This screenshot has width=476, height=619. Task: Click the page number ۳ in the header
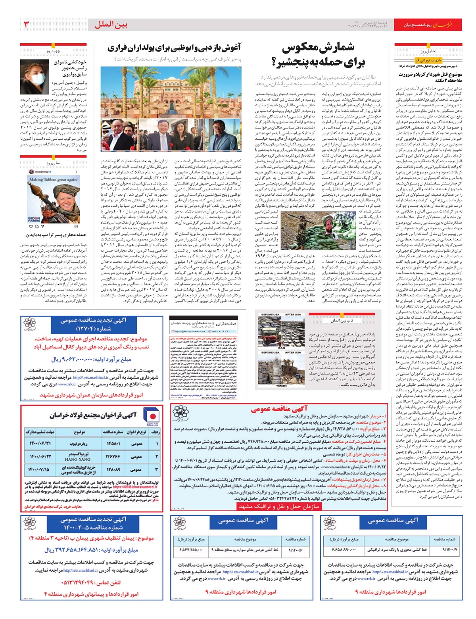(x=27, y=25)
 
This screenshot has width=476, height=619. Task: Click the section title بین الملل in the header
(x=111, y=25)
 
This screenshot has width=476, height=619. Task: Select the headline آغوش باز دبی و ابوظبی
(x=174, y=48)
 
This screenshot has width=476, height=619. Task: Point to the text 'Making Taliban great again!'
(x=53, y=179)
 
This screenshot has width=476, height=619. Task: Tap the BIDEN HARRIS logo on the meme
(x=35, y=219)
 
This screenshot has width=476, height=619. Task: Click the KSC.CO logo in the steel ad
(x=152, y=417)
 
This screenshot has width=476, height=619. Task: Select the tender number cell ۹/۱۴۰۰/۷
(x=449, y=550)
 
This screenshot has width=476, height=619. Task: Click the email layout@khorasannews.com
(x=188, y=331)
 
